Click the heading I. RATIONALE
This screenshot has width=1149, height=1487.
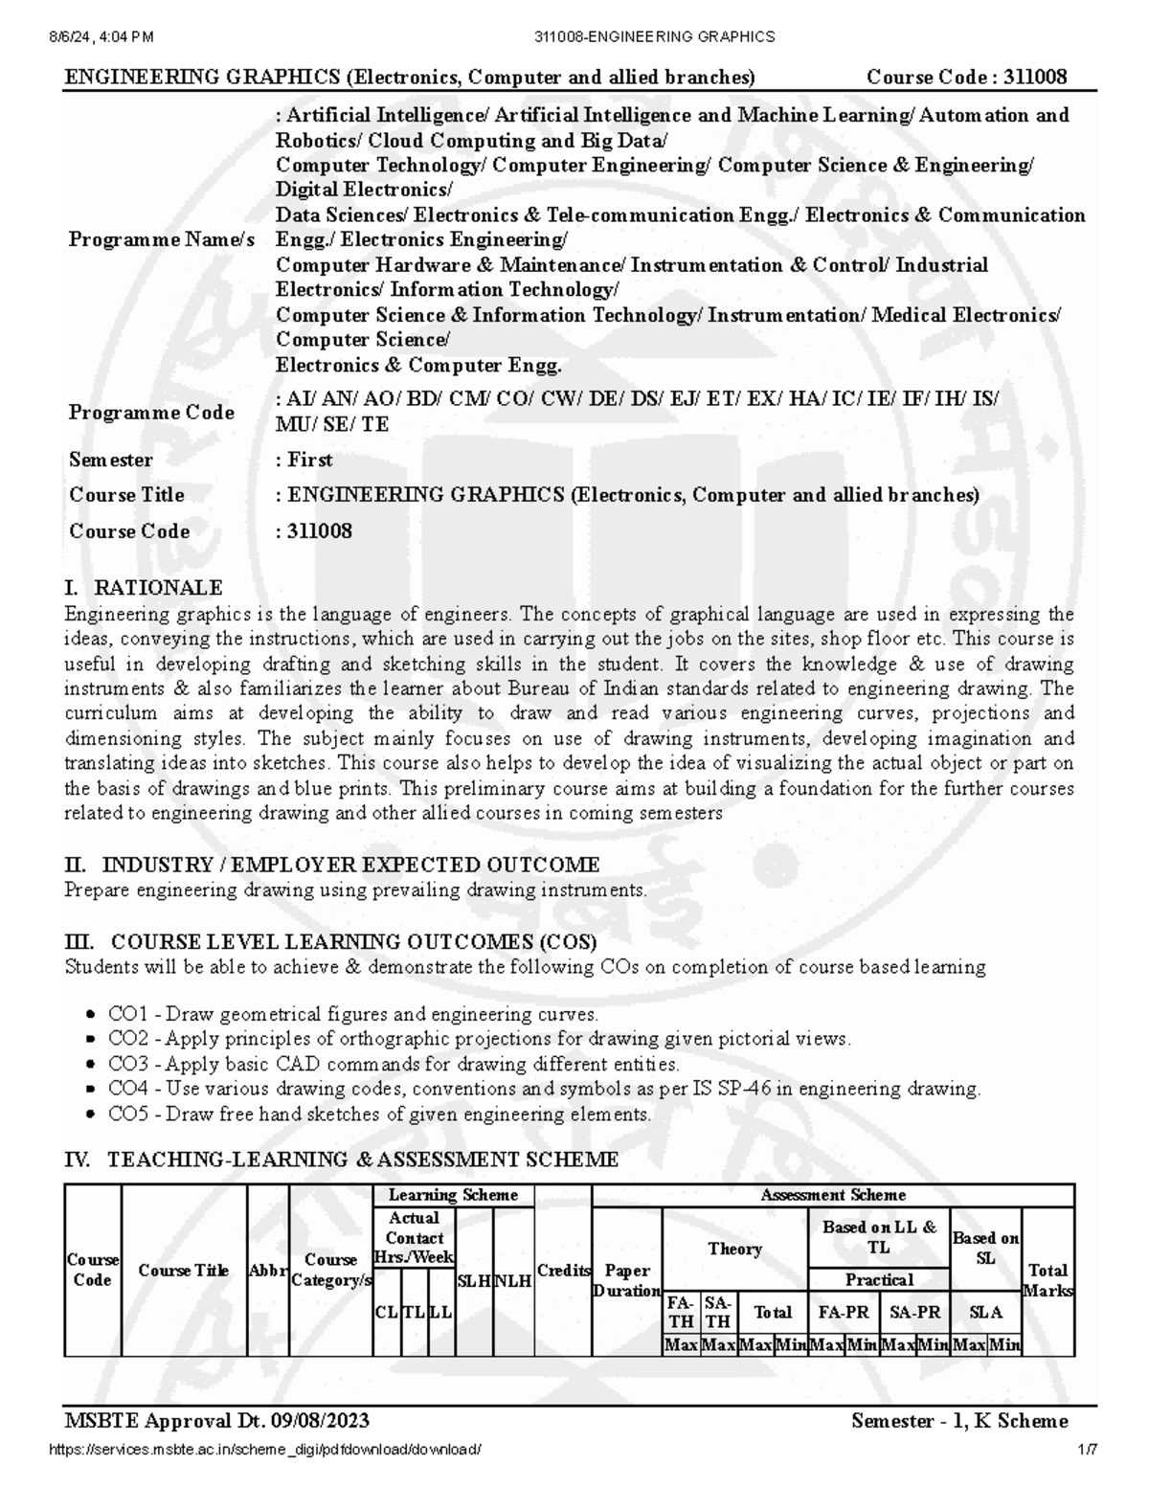tap(144, 587)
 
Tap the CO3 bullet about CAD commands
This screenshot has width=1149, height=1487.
tap(394, 1064)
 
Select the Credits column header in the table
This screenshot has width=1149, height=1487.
tap(563, 1271)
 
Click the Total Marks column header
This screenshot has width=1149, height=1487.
tap(1048, 1280)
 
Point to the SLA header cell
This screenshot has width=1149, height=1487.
tap(986, 1312)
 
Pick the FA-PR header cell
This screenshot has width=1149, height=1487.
tap(843, 1312)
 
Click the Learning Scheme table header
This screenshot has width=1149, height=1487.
tap(453, 1194)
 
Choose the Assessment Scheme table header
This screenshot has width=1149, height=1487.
tap(833, 1194)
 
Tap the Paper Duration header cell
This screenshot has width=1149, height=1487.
tap(627, 1280)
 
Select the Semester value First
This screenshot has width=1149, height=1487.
tap(310, 460)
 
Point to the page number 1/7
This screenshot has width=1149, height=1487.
tap(1087, 1450)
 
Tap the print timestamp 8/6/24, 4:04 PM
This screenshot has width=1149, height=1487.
tap(100, 36)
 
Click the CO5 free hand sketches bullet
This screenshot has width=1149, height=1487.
tap(379, 1114)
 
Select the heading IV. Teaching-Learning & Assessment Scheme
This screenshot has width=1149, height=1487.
tap(341, 1160)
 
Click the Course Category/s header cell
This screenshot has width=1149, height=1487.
tap(330, 1271)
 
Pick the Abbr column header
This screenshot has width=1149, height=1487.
tap(267, 1271)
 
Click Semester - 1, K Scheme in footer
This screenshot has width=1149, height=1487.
tap(959, 1420)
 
